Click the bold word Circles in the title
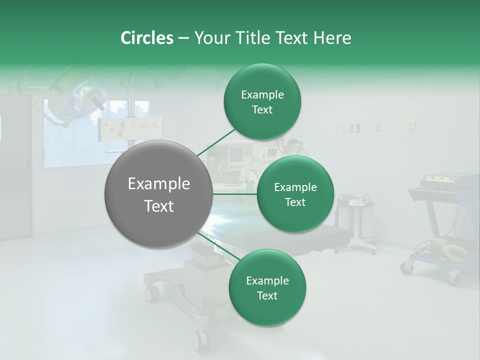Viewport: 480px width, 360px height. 147,38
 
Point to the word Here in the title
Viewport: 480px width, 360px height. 332,38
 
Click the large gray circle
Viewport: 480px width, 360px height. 158,194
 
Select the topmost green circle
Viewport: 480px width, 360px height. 262,102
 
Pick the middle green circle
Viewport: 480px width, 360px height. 295,194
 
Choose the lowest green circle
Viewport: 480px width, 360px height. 267,287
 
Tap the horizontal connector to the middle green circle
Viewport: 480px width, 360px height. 234,194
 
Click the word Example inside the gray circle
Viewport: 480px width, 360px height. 158,184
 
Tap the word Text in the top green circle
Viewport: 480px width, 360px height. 262,110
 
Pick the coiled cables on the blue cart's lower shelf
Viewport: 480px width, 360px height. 440,248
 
